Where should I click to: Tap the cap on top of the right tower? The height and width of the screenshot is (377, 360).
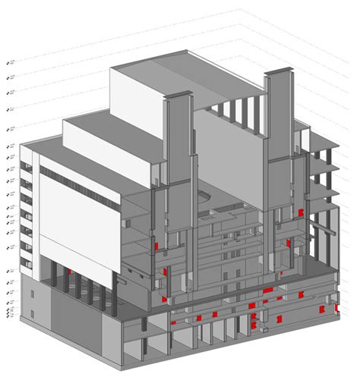click(x=278, y=72)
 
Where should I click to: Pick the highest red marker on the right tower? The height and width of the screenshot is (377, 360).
click(x=301, y=212)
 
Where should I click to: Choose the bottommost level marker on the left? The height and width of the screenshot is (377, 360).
click(x=8, y=316)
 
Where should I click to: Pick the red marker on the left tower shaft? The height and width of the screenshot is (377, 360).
click(x=157, y=247)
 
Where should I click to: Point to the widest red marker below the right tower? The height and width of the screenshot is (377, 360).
click(x=269, y=290)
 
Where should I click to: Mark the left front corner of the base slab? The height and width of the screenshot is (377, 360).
click(x=21, y=321)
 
